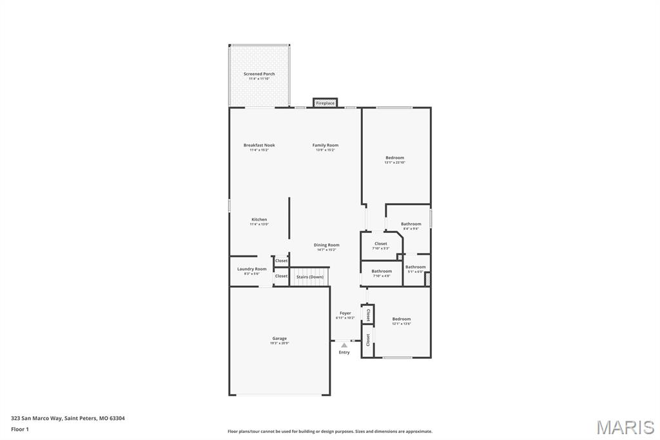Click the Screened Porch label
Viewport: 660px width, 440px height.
(x=259, y=74)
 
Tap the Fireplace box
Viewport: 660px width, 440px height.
(x=325, y=103)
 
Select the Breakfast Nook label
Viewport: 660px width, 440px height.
(x=259, y=145)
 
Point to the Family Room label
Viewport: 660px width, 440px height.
(x=325, y=145)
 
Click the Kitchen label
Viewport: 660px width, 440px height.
(x=259, y=219)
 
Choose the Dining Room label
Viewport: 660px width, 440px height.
(x=326, y=245)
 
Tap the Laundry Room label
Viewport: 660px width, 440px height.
(x=251, y=269)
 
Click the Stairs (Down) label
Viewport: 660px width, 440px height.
(x=309, y=277)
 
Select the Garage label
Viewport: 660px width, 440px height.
(x=279, y=339)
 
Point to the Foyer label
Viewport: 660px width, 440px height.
(x=345, y=314)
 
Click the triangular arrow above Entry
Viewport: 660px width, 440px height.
(x=344, y=345)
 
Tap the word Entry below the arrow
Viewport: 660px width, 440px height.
(x=344, y=352)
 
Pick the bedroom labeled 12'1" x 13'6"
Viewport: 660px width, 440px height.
(x=402, y=319)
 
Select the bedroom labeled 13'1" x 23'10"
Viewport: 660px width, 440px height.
(x=395, y=158)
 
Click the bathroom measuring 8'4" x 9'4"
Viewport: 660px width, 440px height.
(x=411, y=224)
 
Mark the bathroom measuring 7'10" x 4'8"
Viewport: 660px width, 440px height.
(x=382, y=272)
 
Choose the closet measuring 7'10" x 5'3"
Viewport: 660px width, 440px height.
(x=381, y=244)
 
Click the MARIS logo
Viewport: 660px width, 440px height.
(x=625, y=426)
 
